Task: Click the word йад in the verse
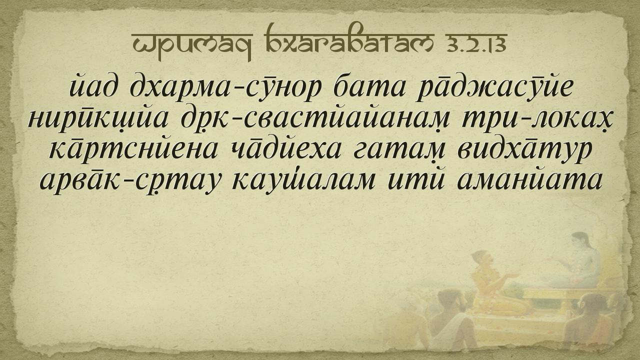[x=93, y=85]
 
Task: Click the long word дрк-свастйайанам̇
[x=315, y=120]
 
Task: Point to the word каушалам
[x=303, y=180]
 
